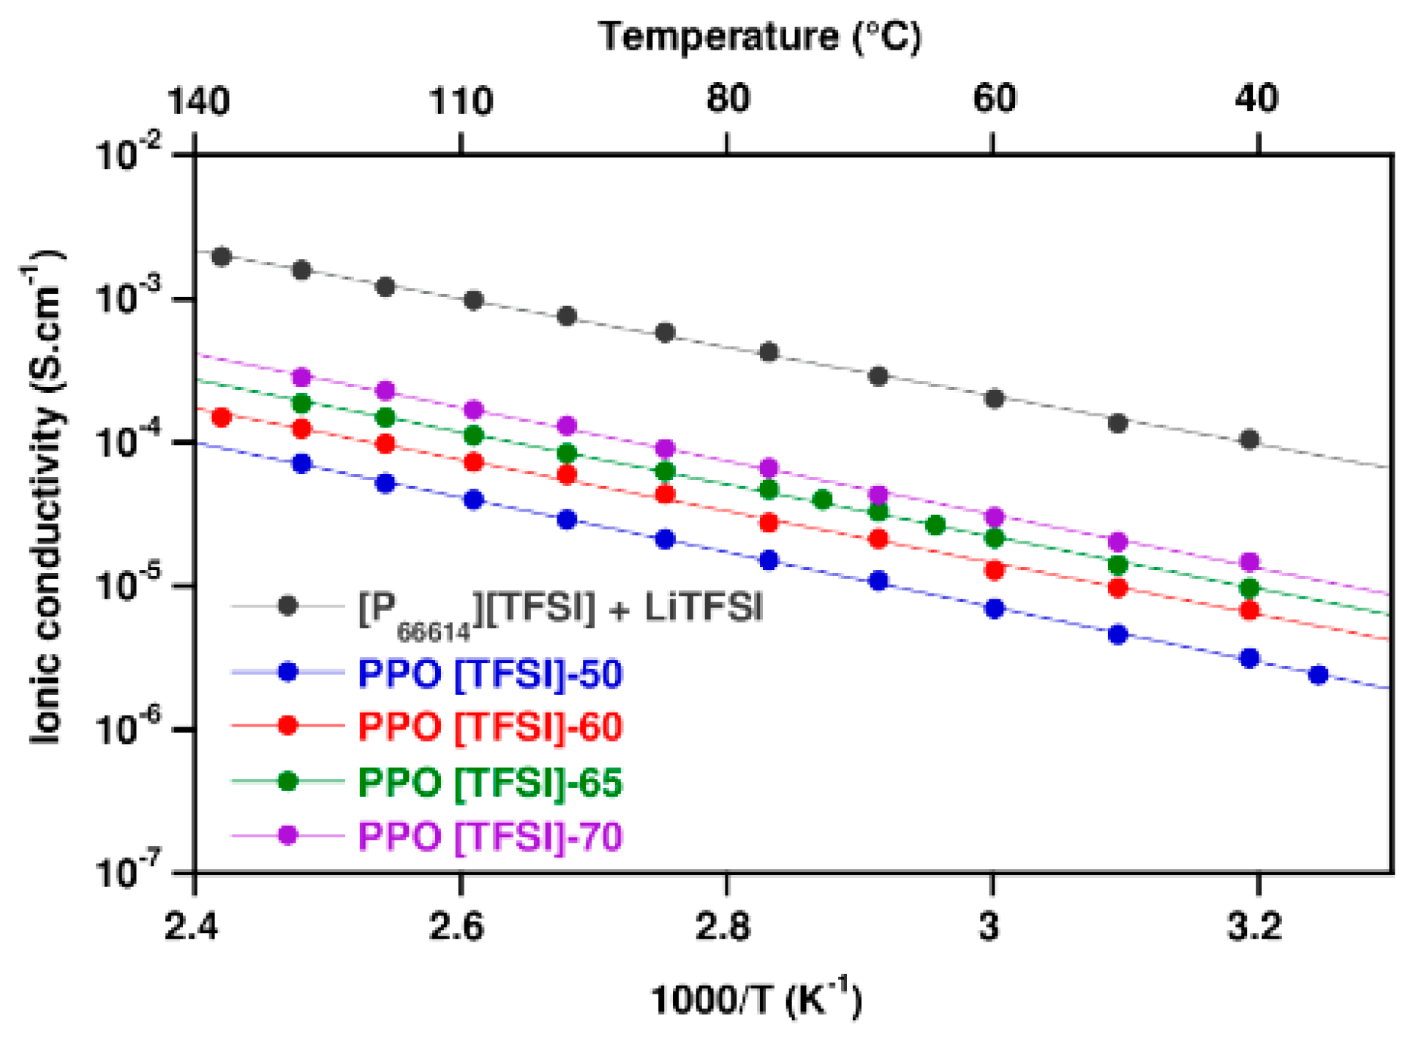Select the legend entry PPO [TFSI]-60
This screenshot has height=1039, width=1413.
489,727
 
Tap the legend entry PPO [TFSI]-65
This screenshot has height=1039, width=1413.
489,781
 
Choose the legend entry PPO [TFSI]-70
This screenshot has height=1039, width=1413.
489,836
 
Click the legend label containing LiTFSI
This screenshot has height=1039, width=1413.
559,609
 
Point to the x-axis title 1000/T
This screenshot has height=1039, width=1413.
756,999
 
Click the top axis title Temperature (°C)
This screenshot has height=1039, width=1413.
760,37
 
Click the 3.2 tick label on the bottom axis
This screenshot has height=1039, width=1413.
1254,927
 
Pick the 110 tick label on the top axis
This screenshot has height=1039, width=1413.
460,100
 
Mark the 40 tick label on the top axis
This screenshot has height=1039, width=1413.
1256,98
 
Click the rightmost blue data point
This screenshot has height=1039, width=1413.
1318,675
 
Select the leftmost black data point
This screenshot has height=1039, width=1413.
222,256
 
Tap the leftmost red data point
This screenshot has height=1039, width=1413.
222,417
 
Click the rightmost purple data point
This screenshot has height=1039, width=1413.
1249,562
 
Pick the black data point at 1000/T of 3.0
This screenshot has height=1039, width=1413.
994,399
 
